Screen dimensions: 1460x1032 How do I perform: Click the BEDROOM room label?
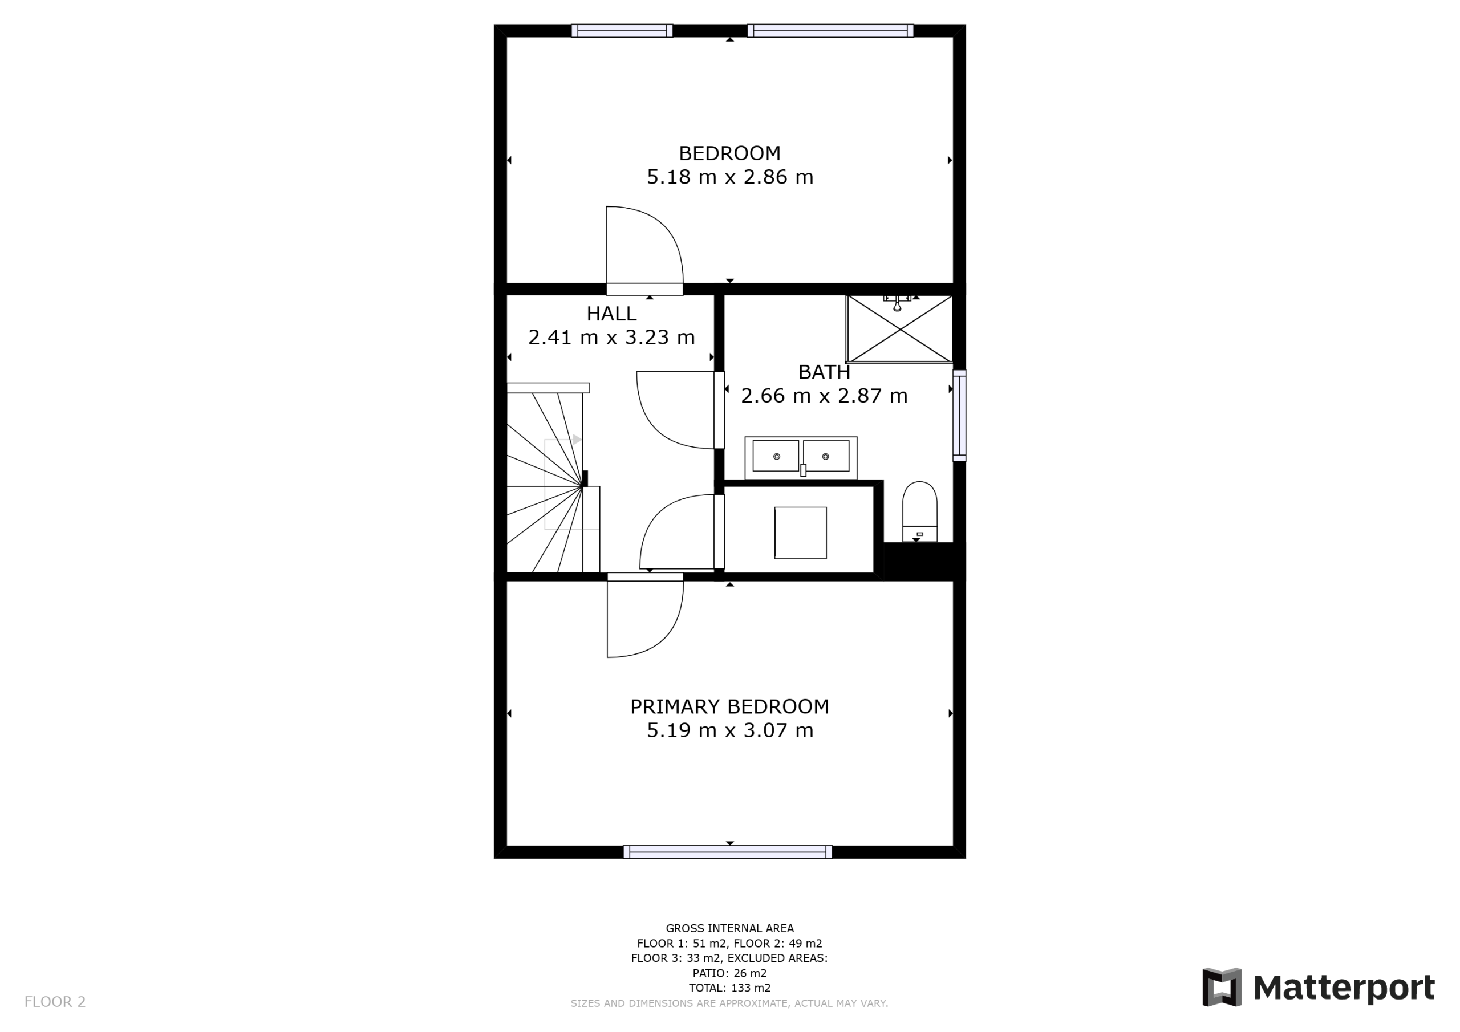coord(729,153)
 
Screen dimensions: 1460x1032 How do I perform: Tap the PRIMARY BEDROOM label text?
coord(729,706)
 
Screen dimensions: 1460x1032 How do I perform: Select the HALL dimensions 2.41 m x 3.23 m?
coord(611,337)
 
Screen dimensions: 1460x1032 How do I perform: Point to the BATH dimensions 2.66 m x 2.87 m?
coord(824,396)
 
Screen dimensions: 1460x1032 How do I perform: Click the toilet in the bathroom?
coord(919,511)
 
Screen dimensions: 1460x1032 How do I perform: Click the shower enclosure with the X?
coord(899,329)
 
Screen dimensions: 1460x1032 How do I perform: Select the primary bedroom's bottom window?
coord(728,852)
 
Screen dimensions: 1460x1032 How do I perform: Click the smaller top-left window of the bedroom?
coord(622,31)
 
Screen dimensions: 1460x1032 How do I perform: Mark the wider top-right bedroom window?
coord(830,31)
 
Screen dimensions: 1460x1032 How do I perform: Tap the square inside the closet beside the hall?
coord(801,533)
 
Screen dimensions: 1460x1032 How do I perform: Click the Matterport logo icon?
coord(1222,988)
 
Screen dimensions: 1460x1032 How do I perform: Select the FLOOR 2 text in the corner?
coord(55,1002)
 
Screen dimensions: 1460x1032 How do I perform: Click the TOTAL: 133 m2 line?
coord(729,988)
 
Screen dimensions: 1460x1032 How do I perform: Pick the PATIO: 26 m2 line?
coord(729,973)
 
